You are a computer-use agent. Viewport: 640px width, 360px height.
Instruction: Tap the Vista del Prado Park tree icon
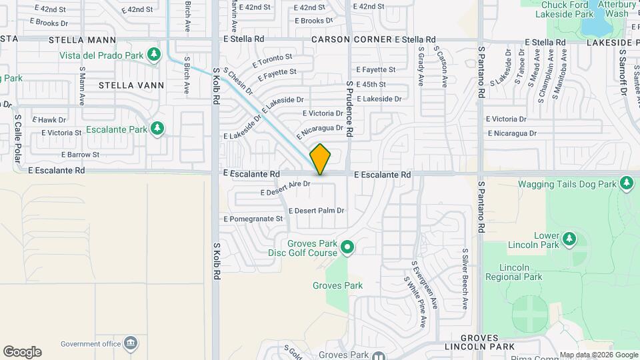click(x=155, y=54)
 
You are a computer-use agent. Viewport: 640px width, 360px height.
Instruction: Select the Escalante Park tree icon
click(x=157, y=128)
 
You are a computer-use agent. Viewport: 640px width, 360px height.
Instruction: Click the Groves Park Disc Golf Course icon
click(x=347, y=248)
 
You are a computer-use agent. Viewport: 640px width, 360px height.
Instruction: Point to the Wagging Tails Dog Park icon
click(x=626, y=183)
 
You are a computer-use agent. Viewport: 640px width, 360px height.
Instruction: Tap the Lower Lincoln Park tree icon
click(x=569, y=239)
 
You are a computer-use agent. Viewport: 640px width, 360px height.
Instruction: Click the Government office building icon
click(x=131, y=344)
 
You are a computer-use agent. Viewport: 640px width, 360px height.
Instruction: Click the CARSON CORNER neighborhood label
click(x=352, y=40)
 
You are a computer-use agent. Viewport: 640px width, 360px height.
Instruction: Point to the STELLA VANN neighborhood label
click(x=126, y=85)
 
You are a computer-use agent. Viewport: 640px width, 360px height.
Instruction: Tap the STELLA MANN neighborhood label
click(x=83, y=40)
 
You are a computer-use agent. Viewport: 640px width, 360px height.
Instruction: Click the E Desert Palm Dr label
click(x=316, y=211)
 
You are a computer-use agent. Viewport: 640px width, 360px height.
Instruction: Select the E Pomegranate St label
click(x=253, y=219)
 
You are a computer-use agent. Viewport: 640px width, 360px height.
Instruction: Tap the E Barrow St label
click(x=80, y=155)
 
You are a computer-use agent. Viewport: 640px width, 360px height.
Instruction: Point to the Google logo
click(x=22, y=352)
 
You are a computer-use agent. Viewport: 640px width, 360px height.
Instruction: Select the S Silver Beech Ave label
click(x=465, y=279)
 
